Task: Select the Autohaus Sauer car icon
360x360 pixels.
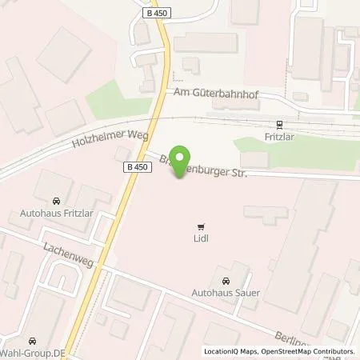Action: [226, 281]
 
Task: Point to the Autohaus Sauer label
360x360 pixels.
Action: [226, 294]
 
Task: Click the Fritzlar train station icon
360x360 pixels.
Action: [279, 124]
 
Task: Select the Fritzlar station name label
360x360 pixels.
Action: [279, 137]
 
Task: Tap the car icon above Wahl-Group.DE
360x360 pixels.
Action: [32, 339]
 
